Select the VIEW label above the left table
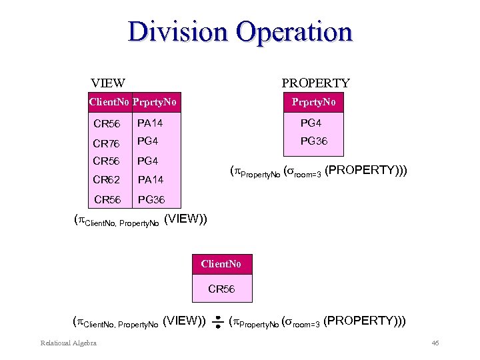click(108, 83)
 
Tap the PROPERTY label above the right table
click(315, 83)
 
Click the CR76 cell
click(107, 143)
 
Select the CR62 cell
click(107, 179)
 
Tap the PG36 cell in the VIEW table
click(151, 199)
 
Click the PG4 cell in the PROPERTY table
click(311, 123)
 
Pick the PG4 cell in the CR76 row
click(147, 141)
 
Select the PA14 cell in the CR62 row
click(150, 179)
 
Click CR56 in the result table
click(221, 289)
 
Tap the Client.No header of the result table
click(221, 264)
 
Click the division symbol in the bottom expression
click(218, 323)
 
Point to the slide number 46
click(435, 343)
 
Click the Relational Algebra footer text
click(69, 343)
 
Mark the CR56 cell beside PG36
click(109, 199)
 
